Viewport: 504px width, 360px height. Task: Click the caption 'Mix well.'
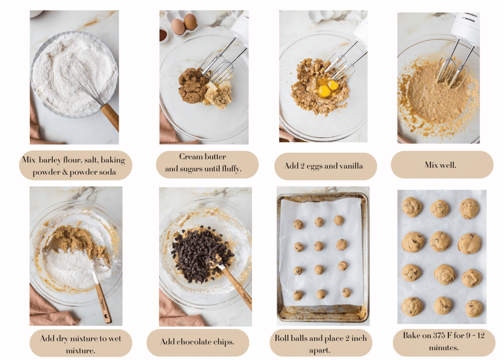[x=441, y=165]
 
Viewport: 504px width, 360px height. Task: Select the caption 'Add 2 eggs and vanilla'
[x=323, y=166]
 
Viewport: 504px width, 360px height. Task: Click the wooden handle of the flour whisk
[x=111, y=117]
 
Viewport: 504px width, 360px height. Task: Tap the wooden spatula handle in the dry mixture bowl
[x=102, y=302]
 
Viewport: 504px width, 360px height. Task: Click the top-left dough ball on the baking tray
[x=298, y=224]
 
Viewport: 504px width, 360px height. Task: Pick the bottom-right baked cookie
[x=473, y=308]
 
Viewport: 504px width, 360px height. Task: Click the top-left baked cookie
[x=411, y=207]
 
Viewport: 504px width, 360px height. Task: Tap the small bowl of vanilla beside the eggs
[x=163, y=35]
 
